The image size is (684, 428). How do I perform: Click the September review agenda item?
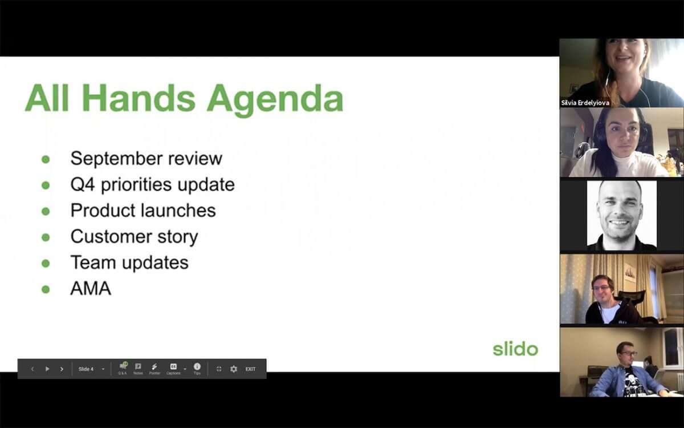146,158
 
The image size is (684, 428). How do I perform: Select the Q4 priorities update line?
152,184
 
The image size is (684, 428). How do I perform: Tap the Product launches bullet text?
143,211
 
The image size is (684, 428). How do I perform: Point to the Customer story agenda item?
134,236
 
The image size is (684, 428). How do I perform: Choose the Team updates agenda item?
129,263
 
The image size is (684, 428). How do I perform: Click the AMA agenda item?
91,289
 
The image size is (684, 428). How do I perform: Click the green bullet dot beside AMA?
46,289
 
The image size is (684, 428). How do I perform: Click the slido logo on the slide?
515,349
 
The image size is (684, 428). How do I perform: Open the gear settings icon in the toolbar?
234,369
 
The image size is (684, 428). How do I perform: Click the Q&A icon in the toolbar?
123,368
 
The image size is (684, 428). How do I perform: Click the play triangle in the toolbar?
47,369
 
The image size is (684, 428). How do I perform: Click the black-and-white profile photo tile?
621,215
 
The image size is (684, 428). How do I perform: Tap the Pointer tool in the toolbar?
154,368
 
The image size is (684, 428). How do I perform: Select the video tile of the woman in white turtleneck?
621,143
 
